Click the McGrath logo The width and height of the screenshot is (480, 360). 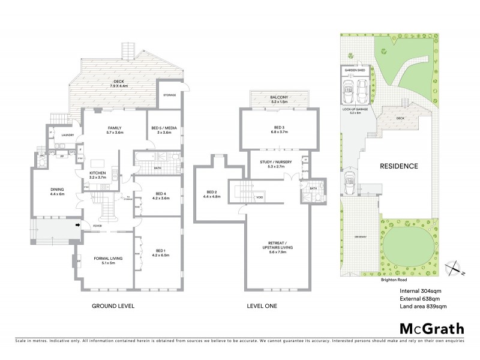coord(431,328)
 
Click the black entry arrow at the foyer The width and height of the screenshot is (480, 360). coord(77,225)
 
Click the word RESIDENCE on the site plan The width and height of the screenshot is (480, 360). coord(398,166)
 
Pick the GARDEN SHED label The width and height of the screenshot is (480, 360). coord(354,70)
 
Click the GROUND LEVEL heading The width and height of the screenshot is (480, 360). coord(113,305)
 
